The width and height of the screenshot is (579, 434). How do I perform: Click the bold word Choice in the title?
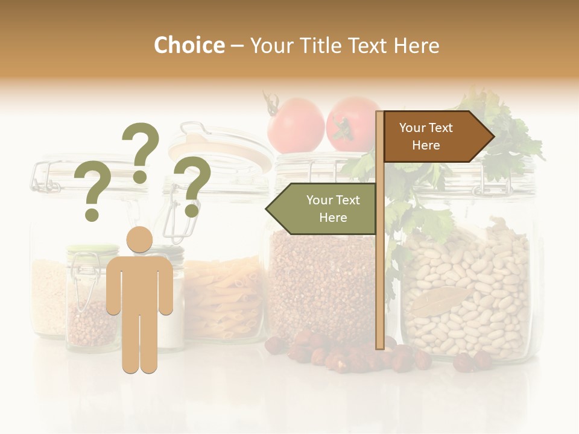189,45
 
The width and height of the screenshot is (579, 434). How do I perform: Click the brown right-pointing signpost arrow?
434,136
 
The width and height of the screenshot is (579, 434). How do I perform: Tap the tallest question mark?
141,151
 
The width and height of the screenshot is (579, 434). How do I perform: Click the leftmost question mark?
92,192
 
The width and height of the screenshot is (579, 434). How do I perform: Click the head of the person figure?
139,239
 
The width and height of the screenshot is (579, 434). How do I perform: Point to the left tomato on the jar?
296,125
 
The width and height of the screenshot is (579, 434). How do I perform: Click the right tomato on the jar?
352,123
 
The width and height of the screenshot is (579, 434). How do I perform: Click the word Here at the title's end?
416,45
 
